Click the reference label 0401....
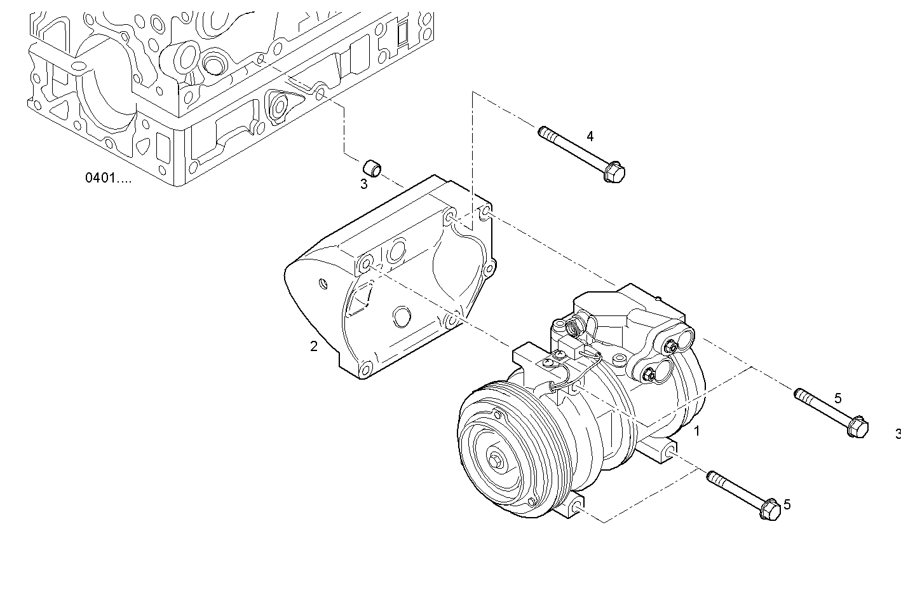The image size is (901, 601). tap(108, 178)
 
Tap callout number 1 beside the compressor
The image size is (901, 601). tap(696, 431)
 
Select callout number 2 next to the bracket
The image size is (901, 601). tap(313, 347)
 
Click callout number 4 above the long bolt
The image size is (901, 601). tap(590, 136)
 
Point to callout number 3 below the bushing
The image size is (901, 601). tap(363, 184)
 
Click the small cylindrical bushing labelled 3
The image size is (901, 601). tap(372, 169)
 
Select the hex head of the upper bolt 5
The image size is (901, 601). tap(858, 427)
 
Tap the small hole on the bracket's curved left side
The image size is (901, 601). tap(322, 282)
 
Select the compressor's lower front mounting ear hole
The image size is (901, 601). tap(575, 507)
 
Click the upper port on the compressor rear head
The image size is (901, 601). tap(670, 347)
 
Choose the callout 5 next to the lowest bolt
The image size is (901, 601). tap(787, 504)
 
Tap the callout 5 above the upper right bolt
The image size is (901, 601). tap(837, 399)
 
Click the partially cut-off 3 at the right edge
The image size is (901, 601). tap(897, 434)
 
